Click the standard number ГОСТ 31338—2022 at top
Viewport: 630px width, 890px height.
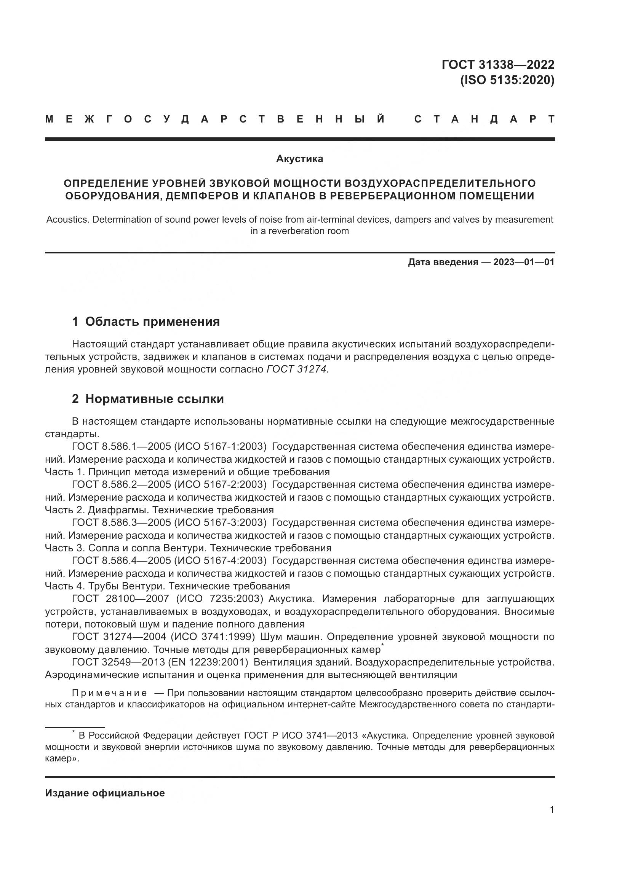coord(498,64)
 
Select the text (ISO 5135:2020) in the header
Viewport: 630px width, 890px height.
coord(507,80)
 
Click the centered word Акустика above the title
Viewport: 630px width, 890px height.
coord(299,159)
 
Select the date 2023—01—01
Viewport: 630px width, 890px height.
coord(524,263)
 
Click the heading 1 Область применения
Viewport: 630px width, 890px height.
coord(146,322)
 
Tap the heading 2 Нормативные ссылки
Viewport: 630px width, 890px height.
coord(148,398)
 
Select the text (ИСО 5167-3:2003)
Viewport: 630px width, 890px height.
coord(220,522)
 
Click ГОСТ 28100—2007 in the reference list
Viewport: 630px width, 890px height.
coord(121,599)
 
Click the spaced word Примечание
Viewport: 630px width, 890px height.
coord(109,693)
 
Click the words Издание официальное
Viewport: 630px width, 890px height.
coord(105,793)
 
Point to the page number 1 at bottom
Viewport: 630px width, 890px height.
coord(552,810)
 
